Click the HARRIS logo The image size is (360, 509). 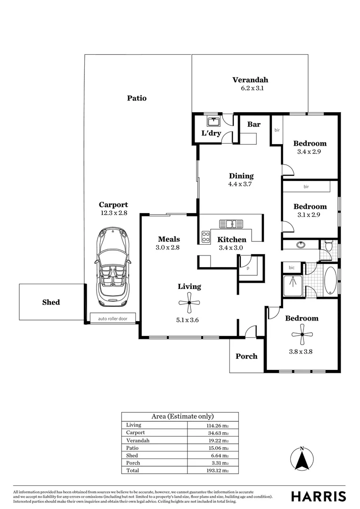tap(318, 496)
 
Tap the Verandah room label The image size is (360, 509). tap(250, 80)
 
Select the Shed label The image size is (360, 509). tap(51, 302)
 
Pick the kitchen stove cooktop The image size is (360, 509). tap(206, 236)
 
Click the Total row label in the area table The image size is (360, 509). tap(133, 470)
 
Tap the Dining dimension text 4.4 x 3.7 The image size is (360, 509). tap(241, 184)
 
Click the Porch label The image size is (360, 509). tap(246, 356)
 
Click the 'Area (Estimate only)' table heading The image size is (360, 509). tap(182, 416)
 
